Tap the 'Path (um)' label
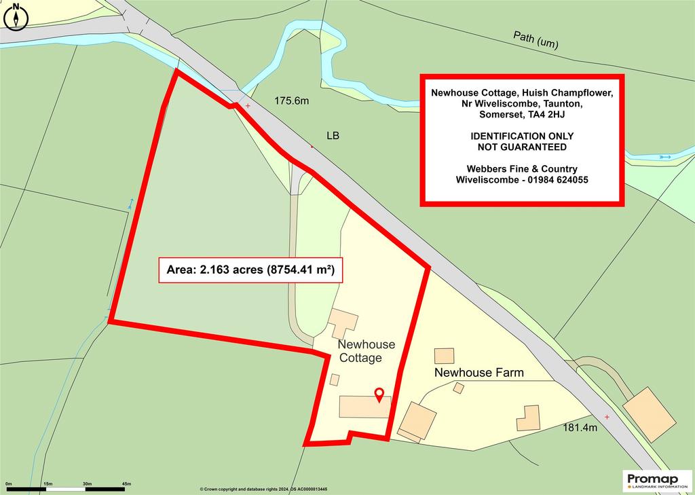tap(536, 40)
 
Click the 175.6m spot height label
tap(291, 101)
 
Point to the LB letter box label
tap(333, 136)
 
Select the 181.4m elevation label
tap(580, 428)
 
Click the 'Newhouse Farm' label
tap(478, 373)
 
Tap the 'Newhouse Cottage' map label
tap(366, 351)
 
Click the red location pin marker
tap(379, 393)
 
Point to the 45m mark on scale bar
tap(126, 483)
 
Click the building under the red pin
tap(364, 407)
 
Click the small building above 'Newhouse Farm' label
tap(444, 356)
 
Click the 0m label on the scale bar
tap(8, 483)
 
